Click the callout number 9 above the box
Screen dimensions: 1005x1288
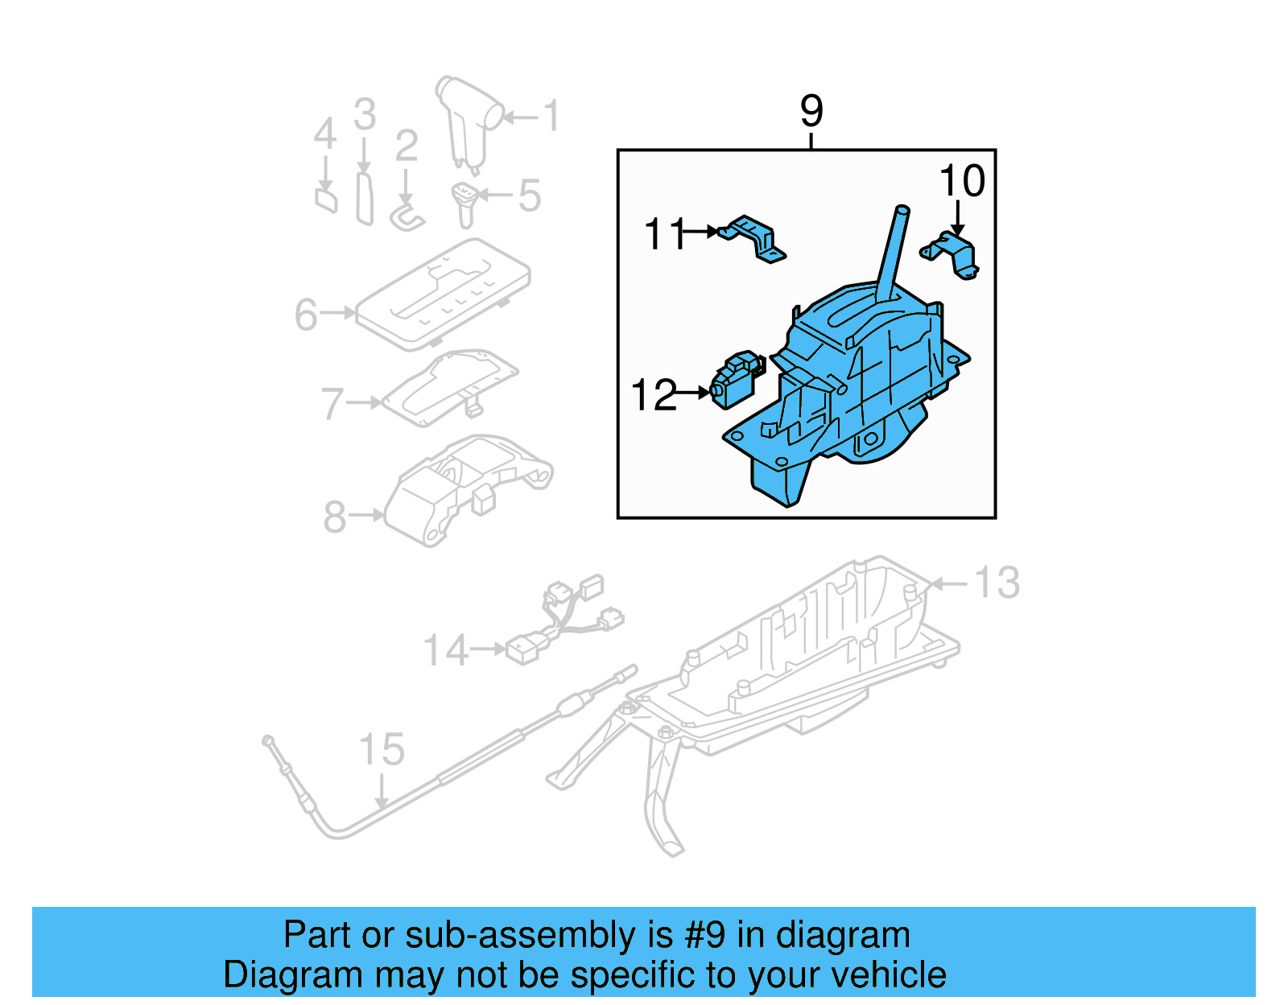click(x=811, y=111)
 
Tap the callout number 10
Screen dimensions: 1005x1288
click(x=962, y=181)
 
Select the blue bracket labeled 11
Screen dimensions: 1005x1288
click(x=755, y=238)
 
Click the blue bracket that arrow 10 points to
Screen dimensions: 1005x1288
click(x=953, y=253)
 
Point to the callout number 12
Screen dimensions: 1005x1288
click(x=654, y=395)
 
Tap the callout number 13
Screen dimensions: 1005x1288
click(x=997, y=583)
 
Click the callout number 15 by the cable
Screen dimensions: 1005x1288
click(x=382, y=750)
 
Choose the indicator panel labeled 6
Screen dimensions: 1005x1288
click(x=443, y=294)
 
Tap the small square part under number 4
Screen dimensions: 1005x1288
click(x=326, y=199)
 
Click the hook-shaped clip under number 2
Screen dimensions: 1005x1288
click(x=406, y=216)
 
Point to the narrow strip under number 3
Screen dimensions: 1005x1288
click(x=365, y=197)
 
